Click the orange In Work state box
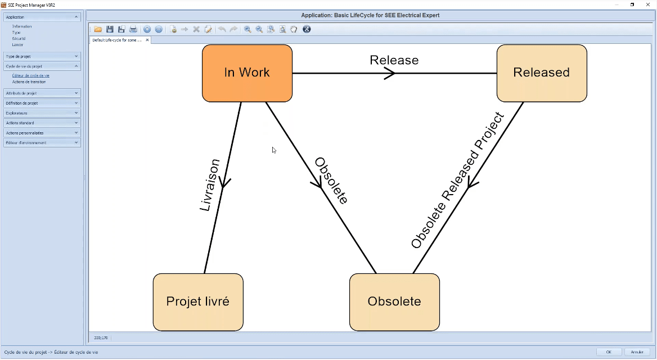click(x=247, y=73)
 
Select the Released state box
click(x=541, y=73)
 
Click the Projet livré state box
click(x=198, y=302)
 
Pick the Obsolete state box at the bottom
click(x=394, y=302)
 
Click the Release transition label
click(x=394, y=60)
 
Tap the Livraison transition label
click(x=209, y=185)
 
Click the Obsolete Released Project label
click(x=457, y=181)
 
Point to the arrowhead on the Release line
click(x=390, y=73)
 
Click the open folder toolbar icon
click(x=98, y=29)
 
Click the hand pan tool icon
click(x=294, y=29)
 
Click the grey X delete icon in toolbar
click(x=196, y=29)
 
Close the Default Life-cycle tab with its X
click(x=147, y=40)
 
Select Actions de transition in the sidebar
click(x=29, y=82)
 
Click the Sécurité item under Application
click(x=19, y=39)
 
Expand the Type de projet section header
click(x=42, y=57)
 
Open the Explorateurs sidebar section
click(x=42, y=113)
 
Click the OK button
click(x=609, y=352)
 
